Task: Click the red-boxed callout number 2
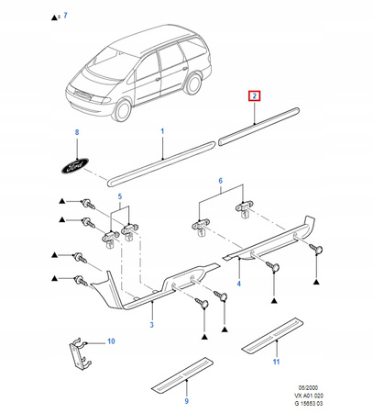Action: (x=255, y=96)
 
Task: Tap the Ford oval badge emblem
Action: (x=75, y=166)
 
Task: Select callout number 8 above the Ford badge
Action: (x=77, y=132)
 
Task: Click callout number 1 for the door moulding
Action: (x=162, y=131)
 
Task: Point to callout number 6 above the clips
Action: (x=221, y=181)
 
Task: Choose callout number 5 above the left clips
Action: (x=120, y=196)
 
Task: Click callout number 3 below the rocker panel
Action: (x=152, y=325)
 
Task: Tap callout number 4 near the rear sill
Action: (x=239, y=284)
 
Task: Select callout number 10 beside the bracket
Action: (x=111, y=341)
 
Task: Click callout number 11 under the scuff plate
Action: (x=276, y=362)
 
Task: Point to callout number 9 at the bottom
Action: (x=187, y=401)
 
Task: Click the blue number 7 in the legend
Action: (x=65, y=16)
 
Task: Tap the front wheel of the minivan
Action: (x=123, y=109)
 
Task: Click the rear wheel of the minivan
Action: (x=193, y=84)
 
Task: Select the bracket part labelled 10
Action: (x=79, y=354)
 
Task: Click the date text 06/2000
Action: (x=308, y=388)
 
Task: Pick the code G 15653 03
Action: (x=309, y=403)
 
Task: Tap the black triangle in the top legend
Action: (x=54, y=17)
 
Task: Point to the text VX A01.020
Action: (x=309, y=396)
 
